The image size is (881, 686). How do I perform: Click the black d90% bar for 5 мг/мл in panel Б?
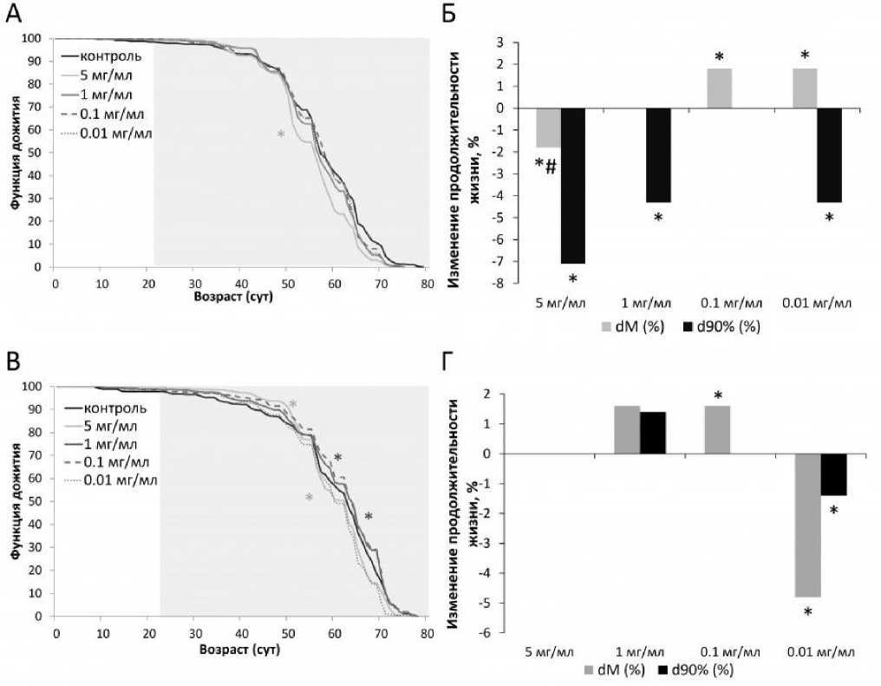pos(573,186)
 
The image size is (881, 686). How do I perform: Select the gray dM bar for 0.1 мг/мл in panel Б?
pos(719,88)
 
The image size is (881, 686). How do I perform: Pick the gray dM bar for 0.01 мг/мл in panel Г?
pos(807,525)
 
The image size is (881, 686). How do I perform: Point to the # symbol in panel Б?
pos(551,166)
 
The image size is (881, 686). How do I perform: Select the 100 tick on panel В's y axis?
pos(37,387)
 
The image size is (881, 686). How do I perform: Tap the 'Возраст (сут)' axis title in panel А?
pos(238,297)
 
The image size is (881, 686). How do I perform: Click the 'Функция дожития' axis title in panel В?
pos(15,500)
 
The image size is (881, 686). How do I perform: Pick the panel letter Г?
pos(450,357)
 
